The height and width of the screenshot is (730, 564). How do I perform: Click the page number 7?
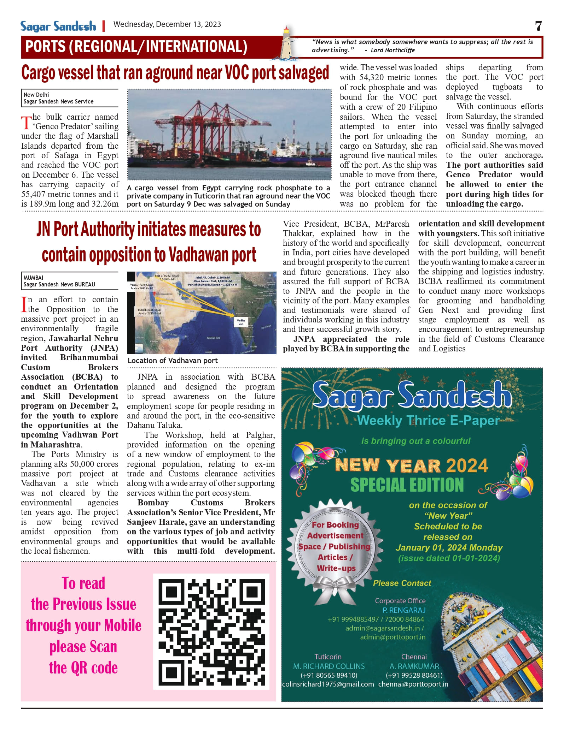538,26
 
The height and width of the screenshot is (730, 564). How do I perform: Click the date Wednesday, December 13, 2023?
167,24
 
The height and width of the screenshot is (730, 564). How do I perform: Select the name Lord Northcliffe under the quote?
393,50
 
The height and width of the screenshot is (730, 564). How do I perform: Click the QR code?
211,631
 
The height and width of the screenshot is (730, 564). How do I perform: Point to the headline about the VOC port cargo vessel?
175,73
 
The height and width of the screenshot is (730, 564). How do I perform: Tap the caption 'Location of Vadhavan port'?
173,361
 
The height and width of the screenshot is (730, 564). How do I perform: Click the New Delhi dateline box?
69,98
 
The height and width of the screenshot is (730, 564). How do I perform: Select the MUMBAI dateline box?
69,281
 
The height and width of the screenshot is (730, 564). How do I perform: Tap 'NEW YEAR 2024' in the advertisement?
411,465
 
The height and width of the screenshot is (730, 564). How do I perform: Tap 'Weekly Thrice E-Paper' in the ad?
428,421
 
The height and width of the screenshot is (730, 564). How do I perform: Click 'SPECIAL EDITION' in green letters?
407,485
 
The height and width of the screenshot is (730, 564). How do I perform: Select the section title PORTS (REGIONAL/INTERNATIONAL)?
136,47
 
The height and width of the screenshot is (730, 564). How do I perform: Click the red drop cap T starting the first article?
26,123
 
